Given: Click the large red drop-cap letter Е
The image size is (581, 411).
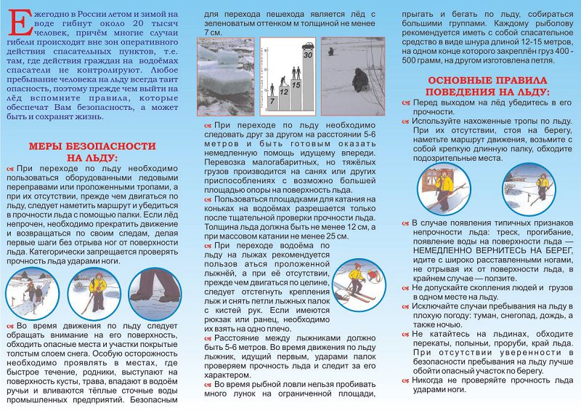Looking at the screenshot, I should coord(15,24).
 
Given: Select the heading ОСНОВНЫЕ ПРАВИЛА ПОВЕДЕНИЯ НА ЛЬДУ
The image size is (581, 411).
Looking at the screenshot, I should coord(488,86).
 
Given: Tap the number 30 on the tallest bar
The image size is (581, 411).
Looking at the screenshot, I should coord(307,55).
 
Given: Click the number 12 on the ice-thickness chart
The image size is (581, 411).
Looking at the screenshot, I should coord(284,93).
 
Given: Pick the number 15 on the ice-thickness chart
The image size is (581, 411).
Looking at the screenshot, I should coord(296,85).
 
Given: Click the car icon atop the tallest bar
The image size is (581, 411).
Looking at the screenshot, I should coord(307,45).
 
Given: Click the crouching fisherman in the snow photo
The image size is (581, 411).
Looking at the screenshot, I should coord(359,79).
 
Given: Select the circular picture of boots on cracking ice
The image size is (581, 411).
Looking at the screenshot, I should coord(155,295).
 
